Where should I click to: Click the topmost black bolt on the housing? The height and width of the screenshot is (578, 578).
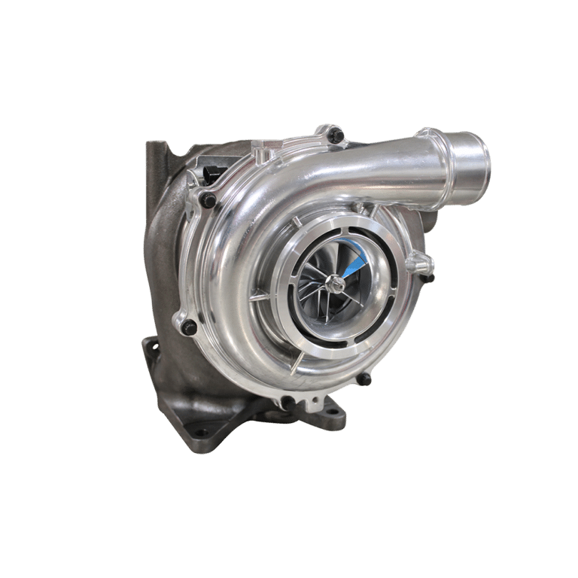[x=336, y=136]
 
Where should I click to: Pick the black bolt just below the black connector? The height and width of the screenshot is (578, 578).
[x=208, y=199]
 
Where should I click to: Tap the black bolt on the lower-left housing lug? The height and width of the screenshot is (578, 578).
[x=189, y=327]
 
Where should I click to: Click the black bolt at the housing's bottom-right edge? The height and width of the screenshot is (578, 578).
[x=364, y=379]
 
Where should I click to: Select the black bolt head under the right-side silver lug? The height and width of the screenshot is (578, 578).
[x=427, y=278]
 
